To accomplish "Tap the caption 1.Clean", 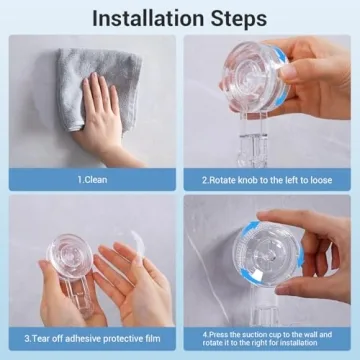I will click(x=94, y=179).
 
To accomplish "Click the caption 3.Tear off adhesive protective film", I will click(x=94, y=338).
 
